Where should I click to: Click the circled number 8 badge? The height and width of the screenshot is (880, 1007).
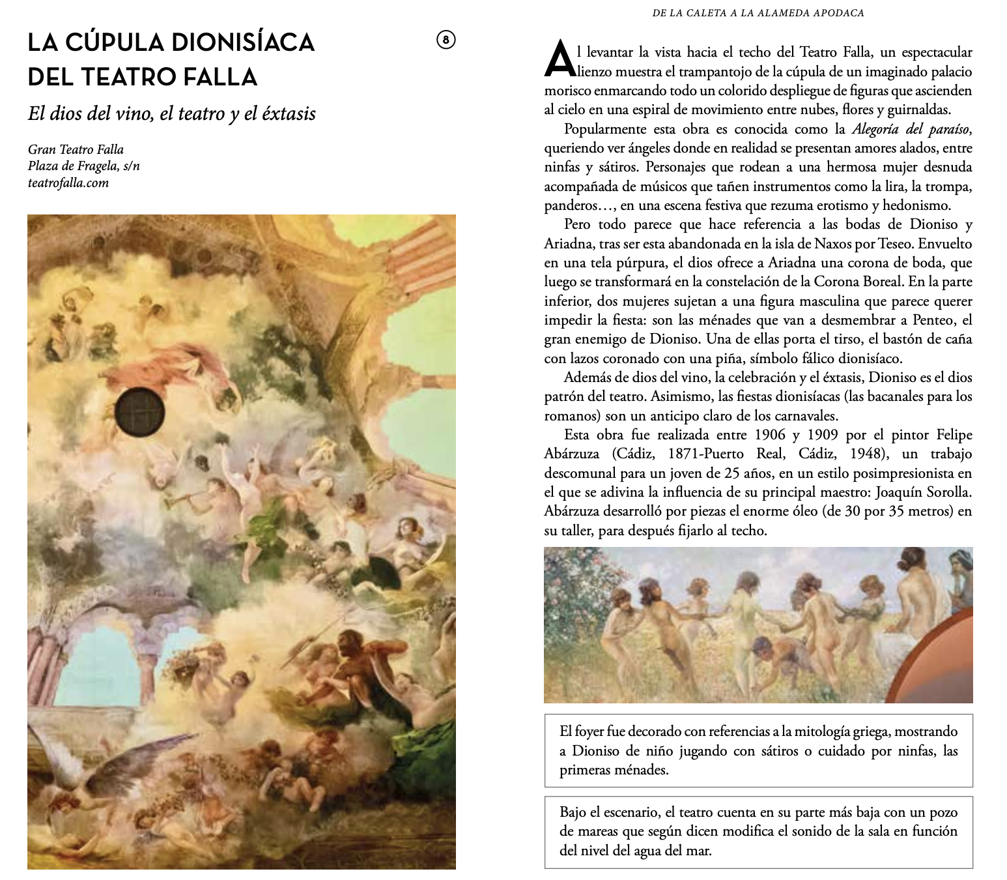click(x=446, y=40)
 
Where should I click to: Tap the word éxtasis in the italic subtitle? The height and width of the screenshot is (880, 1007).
click(x=289, y=113)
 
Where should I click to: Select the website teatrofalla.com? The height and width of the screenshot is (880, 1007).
click(x=68, y=183)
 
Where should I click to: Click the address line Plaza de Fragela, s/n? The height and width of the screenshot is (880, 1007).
click(x=83, y=166)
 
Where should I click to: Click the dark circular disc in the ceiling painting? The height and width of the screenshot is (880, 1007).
click(x=139, y=411)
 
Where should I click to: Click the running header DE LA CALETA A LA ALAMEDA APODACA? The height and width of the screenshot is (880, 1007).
click(x=758, y=13)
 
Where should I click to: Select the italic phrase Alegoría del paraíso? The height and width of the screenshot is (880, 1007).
click(x=912, y=129)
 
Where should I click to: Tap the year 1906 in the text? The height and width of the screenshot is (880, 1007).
click(x=770, y=435)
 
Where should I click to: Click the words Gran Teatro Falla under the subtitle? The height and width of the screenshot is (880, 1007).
click(x=76, y=149)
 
